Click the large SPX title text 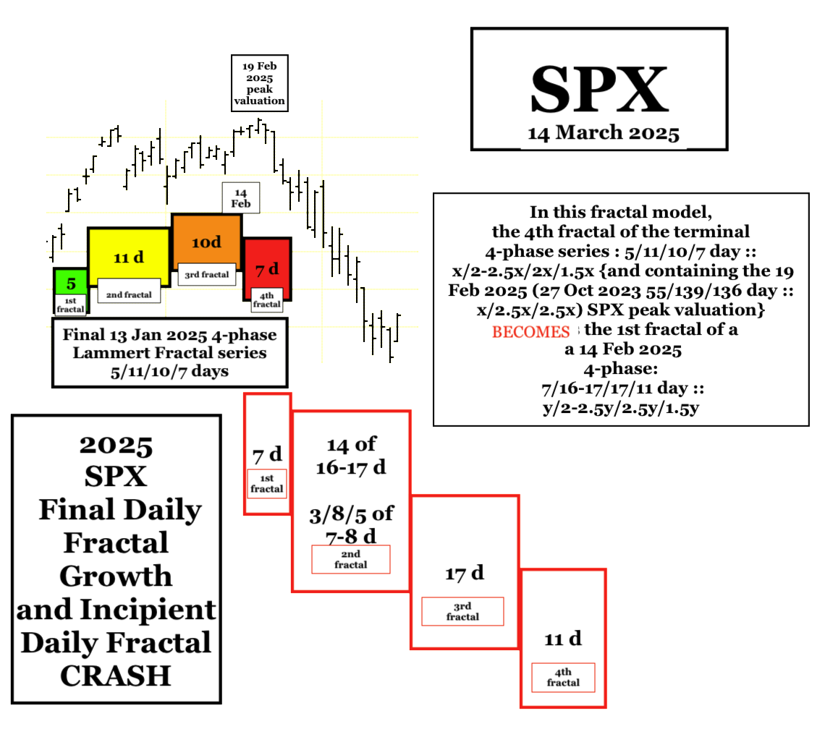[599, 89]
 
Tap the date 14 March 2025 [604, 133]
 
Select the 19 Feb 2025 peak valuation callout [259, 83]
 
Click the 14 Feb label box [241, 198]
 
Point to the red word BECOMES [530, 332]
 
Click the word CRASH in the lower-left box [116, 675]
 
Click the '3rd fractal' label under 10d [207, 275]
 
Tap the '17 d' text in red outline [465, 574]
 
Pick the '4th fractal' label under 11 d [563, 678]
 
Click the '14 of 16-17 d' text [351, 456]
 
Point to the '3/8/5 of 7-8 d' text [351, 524]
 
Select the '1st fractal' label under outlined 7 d [266, 484]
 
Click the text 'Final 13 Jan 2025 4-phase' [169, 335]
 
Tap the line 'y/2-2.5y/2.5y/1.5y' [621, 409]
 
